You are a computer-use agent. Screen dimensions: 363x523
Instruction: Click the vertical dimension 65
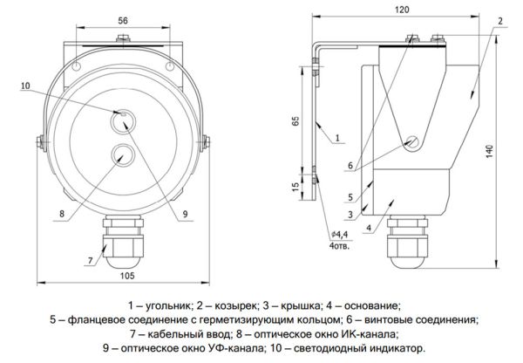point(295,121)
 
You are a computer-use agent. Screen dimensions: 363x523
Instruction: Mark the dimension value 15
point(295,185)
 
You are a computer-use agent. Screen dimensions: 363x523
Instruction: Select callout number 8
point(62,212)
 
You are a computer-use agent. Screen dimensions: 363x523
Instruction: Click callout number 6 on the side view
point(350,165)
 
